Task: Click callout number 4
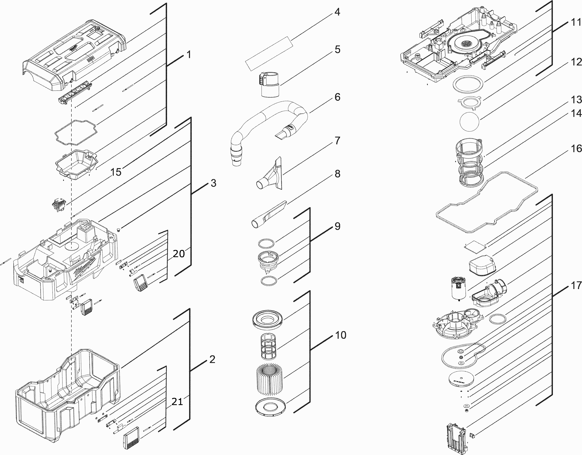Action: coord(337,12)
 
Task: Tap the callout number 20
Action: coord(179,254)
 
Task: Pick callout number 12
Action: coord(576,62)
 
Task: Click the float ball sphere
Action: coord(469,121)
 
